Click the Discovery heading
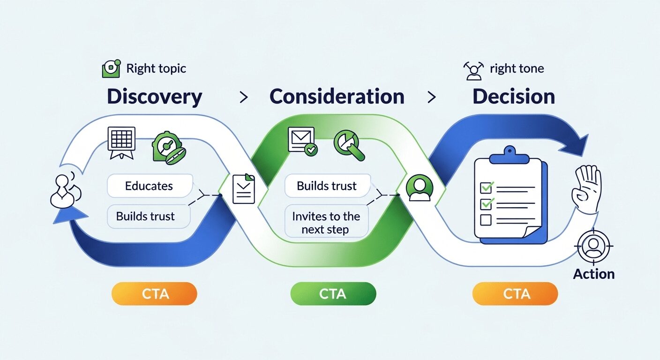[154, 97]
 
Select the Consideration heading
[337, 97]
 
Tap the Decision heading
[514, 97]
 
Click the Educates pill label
[149, 186]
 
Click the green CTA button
[333, 294]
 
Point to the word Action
[593, 274]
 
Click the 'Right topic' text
[156, 68]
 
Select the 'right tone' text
[517, 69]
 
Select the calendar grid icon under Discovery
[121, 140]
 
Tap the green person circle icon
[419, 188]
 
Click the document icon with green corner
[244, 188]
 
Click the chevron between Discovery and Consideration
[243, 97]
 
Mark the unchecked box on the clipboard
[486, 219]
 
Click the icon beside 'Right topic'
[111, 69]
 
